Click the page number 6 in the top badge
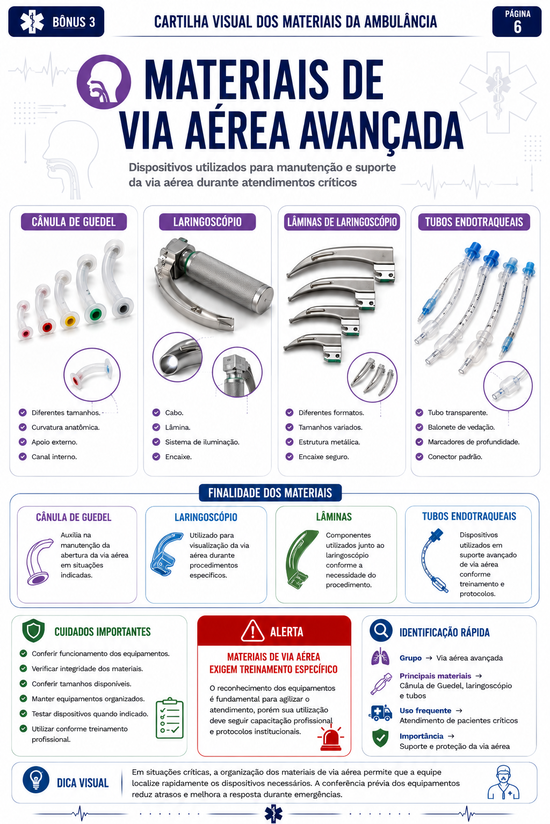click(517, 27)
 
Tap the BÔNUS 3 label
click(74, 22)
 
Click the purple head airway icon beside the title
click(104, 82)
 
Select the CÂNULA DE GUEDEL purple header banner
click(74, 222)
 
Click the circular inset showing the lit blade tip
click(178, 357)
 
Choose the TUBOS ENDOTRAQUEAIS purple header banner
click(474, 222)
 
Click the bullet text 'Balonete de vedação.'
click(461, 427)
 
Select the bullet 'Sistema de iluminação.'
click(202, 442)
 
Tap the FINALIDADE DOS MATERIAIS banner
click(270, 492)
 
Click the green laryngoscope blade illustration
click(300, 558)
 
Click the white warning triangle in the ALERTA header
click(252, 630)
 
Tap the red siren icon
click(330, 738)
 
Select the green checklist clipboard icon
click(169, 718)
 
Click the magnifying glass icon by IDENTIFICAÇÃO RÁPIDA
click(381, 630)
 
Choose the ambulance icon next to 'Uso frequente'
click(380, 712)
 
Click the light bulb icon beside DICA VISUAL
click(36, 779)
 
